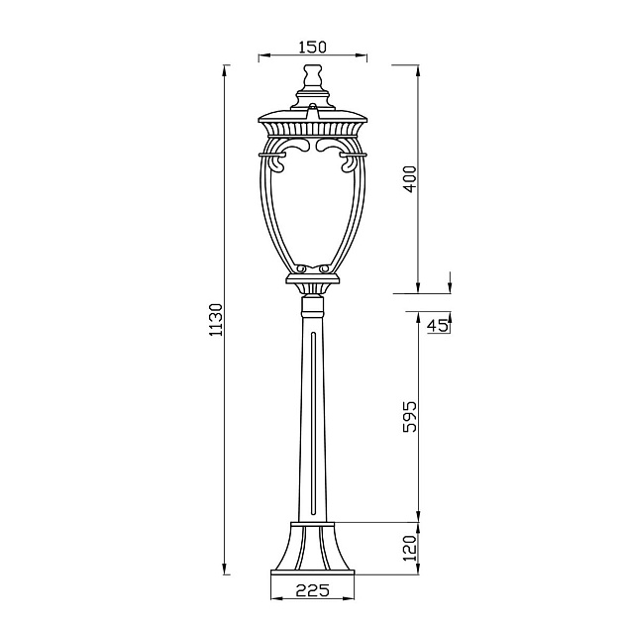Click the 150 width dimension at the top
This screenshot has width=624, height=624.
click(x=312, y=47)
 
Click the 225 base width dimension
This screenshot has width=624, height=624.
click(x=312, y=590)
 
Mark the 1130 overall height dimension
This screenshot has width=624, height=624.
click(x=217, y=319)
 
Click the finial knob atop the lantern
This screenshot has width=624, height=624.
click(x=312, y=75)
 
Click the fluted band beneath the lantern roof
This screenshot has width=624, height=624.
click(x=312, y=130)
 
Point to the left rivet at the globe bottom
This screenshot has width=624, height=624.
click(x=301, y=267)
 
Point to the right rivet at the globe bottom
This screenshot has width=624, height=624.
click(x=324, y=267)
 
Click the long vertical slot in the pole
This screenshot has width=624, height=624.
click(x=312, y=426)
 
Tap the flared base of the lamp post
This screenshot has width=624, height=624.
click(x=312, y=545)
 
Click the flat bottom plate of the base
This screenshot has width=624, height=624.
click(x=312, y=571)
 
